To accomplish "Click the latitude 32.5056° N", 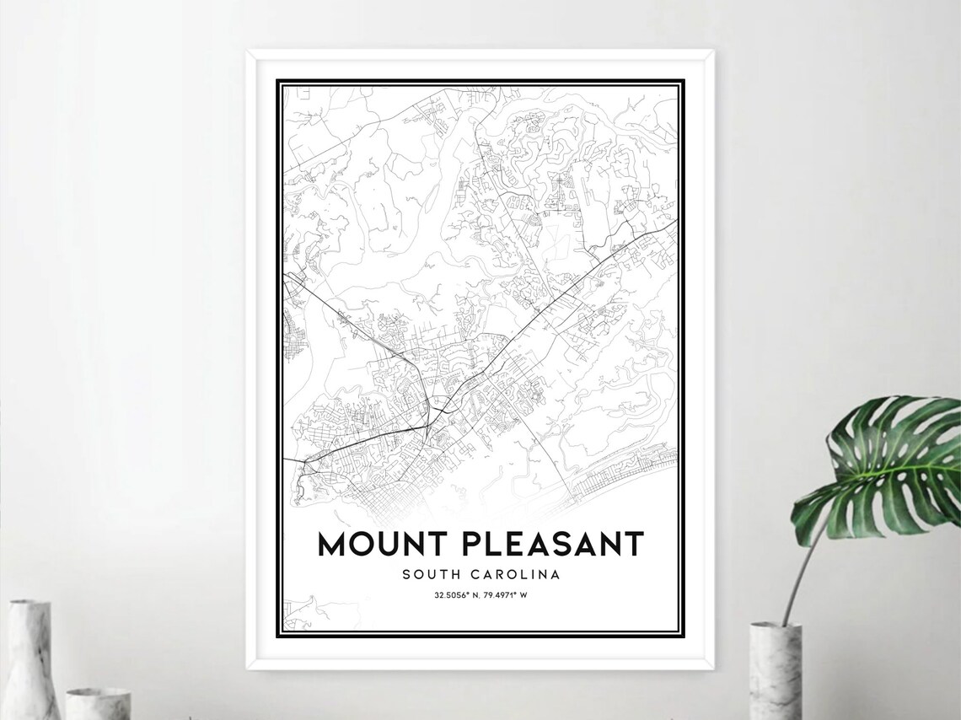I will pos(455,596).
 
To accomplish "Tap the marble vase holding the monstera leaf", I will pos(775,670).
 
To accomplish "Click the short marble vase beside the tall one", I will pos(98,703).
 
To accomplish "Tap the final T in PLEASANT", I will pos(633,545).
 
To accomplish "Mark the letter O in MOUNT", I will pos(368,545).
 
